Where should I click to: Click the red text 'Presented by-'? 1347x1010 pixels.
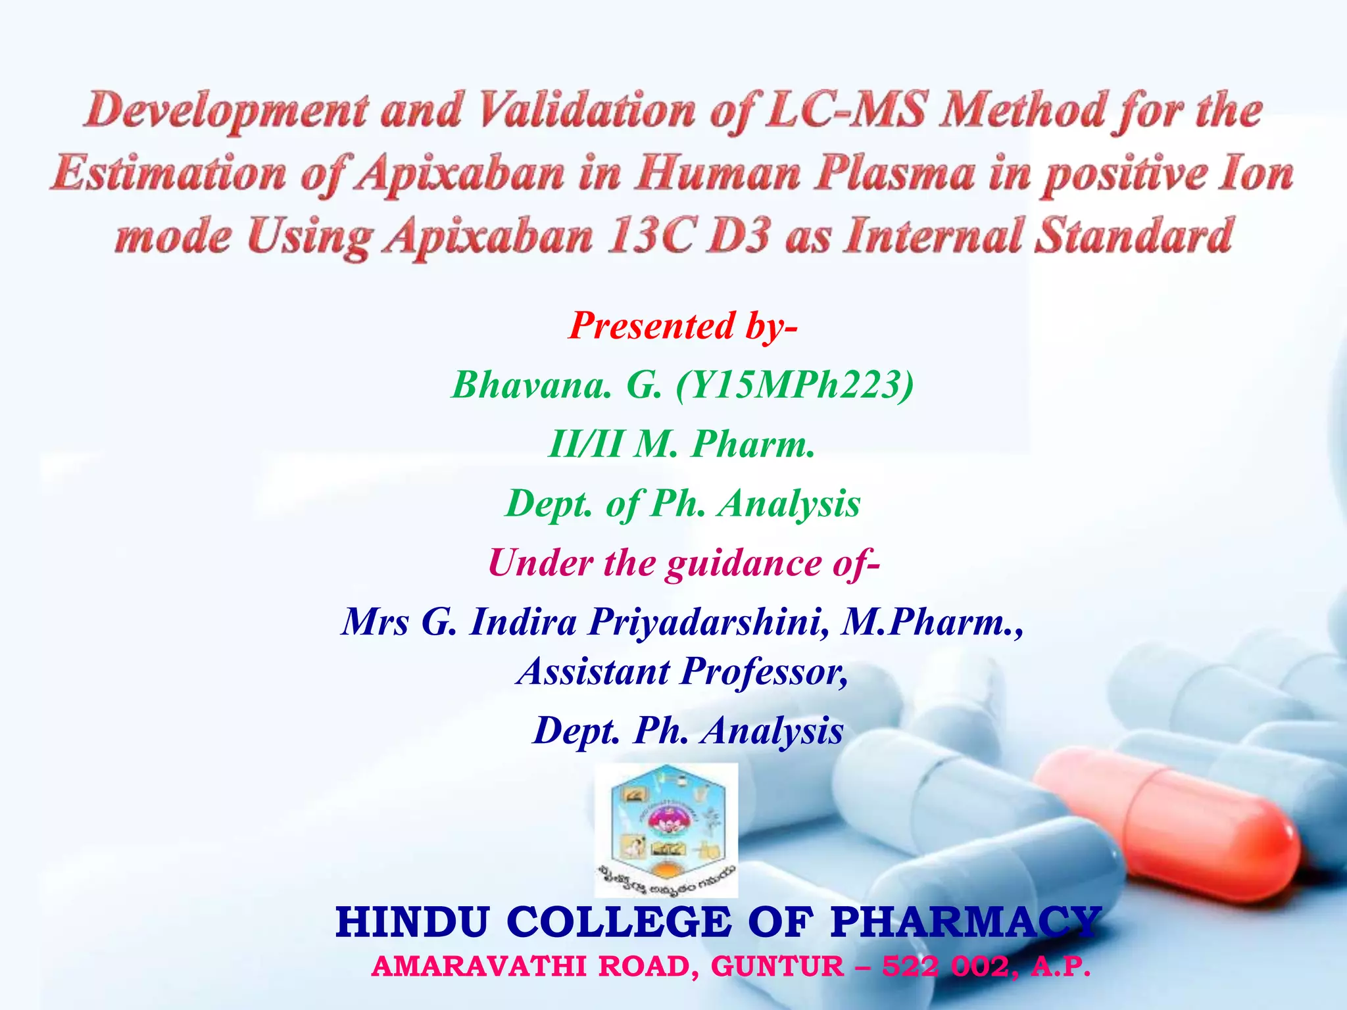pos(683,326)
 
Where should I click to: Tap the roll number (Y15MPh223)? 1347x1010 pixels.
pos(795,385)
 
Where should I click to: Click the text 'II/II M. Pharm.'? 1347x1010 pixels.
pos(681,445)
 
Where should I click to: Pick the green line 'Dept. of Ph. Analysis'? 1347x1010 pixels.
pos(683,504)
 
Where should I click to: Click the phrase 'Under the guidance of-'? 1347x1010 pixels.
pos(684,564)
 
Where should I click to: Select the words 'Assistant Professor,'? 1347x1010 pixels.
pos(683,672)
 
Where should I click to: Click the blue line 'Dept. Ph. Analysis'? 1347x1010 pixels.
pos(688,731)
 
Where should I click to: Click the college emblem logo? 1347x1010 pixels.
pos(666,830)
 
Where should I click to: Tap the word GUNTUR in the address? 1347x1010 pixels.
pos(777,967)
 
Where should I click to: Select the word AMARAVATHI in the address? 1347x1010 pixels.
pos(479,967)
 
